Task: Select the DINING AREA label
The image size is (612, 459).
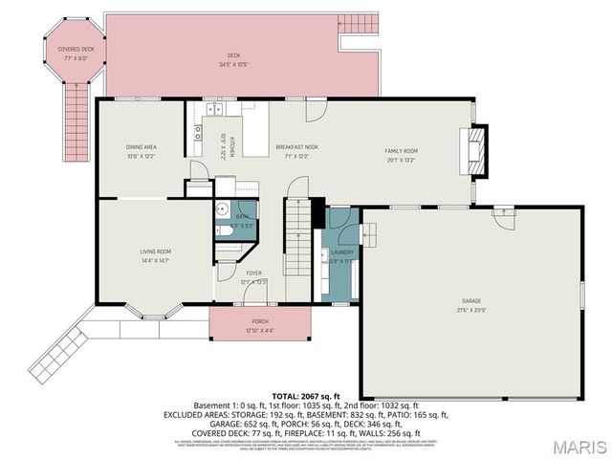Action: (141, 147)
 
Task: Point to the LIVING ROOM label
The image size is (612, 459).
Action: (155, 251)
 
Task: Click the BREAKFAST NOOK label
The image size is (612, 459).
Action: (296, 147)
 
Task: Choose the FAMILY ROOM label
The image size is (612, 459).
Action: (402, 151)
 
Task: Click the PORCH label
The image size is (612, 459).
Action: (259, 321)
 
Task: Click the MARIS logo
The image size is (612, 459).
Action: (578, 446)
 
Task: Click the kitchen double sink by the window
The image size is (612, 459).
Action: (199, 132)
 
